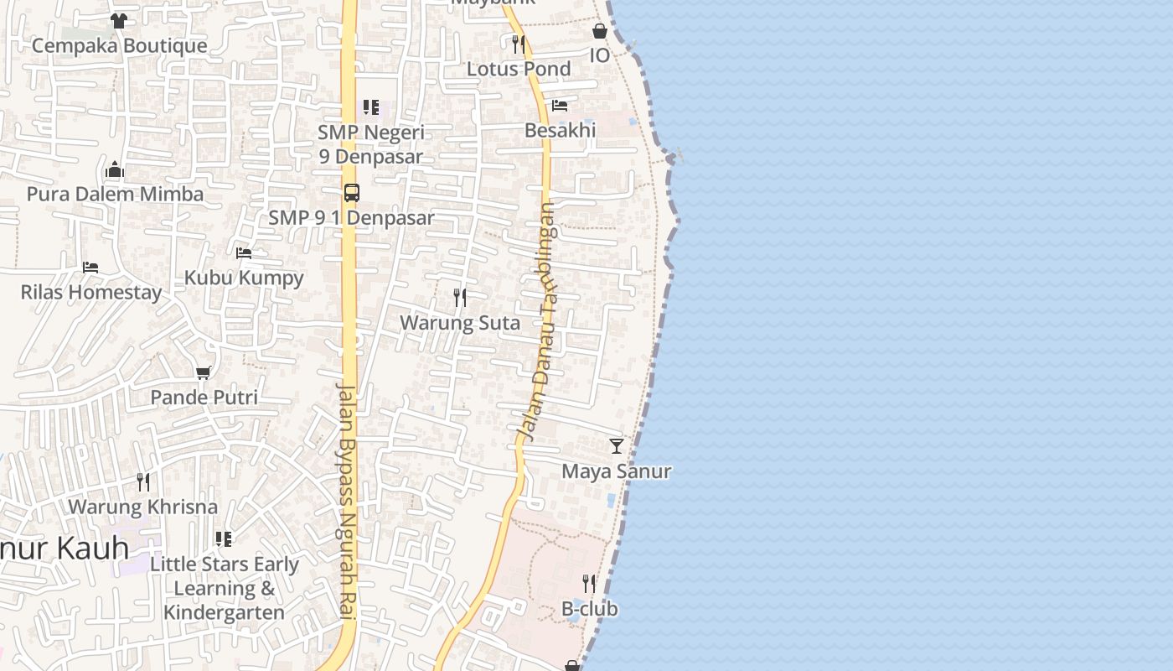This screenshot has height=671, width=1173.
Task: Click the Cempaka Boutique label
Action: [119, 45]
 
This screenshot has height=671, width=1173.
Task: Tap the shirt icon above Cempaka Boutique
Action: [119, 20]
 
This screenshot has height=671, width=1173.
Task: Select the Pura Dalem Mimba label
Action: [115, 195]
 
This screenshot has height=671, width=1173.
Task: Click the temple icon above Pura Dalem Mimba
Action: [115, 171]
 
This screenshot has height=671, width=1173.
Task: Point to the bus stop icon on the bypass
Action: [352, 193]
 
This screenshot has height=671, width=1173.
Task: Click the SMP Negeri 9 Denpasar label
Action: [370, 144]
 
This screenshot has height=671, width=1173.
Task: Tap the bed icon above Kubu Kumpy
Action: [244, 252]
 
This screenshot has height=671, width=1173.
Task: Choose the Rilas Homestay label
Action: [91, 293]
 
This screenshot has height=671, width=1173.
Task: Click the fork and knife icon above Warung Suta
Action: [460, 298]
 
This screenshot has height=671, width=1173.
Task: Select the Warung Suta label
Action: [460, 323]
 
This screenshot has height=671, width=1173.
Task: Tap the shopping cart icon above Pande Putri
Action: [203, 372]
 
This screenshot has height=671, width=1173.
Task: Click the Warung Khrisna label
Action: [142, 507]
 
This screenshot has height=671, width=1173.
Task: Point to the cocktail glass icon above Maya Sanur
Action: [617, 445]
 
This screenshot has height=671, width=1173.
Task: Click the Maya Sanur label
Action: [617, 471]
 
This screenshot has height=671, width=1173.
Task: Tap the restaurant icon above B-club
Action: [590, 583]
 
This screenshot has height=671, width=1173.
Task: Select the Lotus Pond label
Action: [519, 69]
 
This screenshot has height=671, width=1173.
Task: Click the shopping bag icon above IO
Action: [600, 31]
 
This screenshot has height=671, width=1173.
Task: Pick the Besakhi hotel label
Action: [560, 130]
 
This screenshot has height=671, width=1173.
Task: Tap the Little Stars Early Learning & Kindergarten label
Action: [224, 588]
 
